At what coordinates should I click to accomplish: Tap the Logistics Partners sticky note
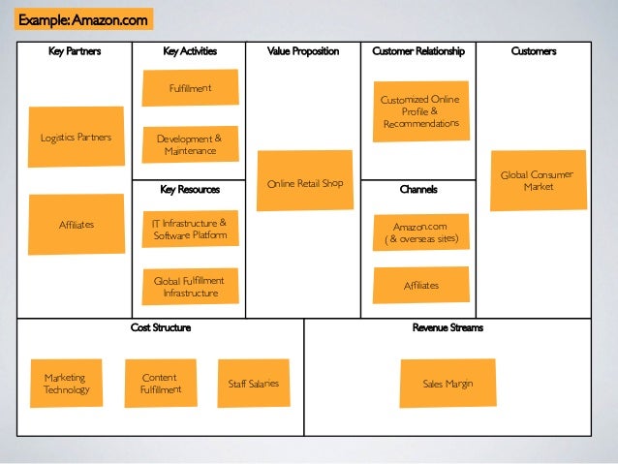click(x=76, y=137)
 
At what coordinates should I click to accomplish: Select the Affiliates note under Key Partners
click(x=77, y=224)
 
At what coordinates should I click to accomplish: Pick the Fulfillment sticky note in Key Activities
click(x=190, y=89)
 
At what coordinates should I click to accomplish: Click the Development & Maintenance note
click(x=189, y=144)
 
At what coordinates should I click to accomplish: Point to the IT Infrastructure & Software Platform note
click(x=190, y=229)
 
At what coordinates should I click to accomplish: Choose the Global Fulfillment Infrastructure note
click(x=190, y=286)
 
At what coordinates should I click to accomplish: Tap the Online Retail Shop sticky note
click(x=305, y=181)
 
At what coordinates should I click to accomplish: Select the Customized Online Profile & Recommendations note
click(x=420, y=111)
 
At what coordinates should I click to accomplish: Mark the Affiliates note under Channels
click(x=421, y=285)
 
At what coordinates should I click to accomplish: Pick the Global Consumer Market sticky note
click(x=537, y=179)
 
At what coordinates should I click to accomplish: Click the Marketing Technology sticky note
click(x=66, y=383)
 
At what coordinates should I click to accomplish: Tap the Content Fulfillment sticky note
click(x=160, y=383)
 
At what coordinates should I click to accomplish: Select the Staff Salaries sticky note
click(x=253, y=384)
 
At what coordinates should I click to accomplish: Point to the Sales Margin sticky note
click(x=448, y=384)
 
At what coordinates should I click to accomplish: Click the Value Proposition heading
click(x=303, y=51)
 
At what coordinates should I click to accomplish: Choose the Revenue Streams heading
click(x=448, y=327)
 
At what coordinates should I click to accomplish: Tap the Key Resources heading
click(x=190, y=190)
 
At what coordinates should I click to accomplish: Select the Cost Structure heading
click(x=161, y=327)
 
